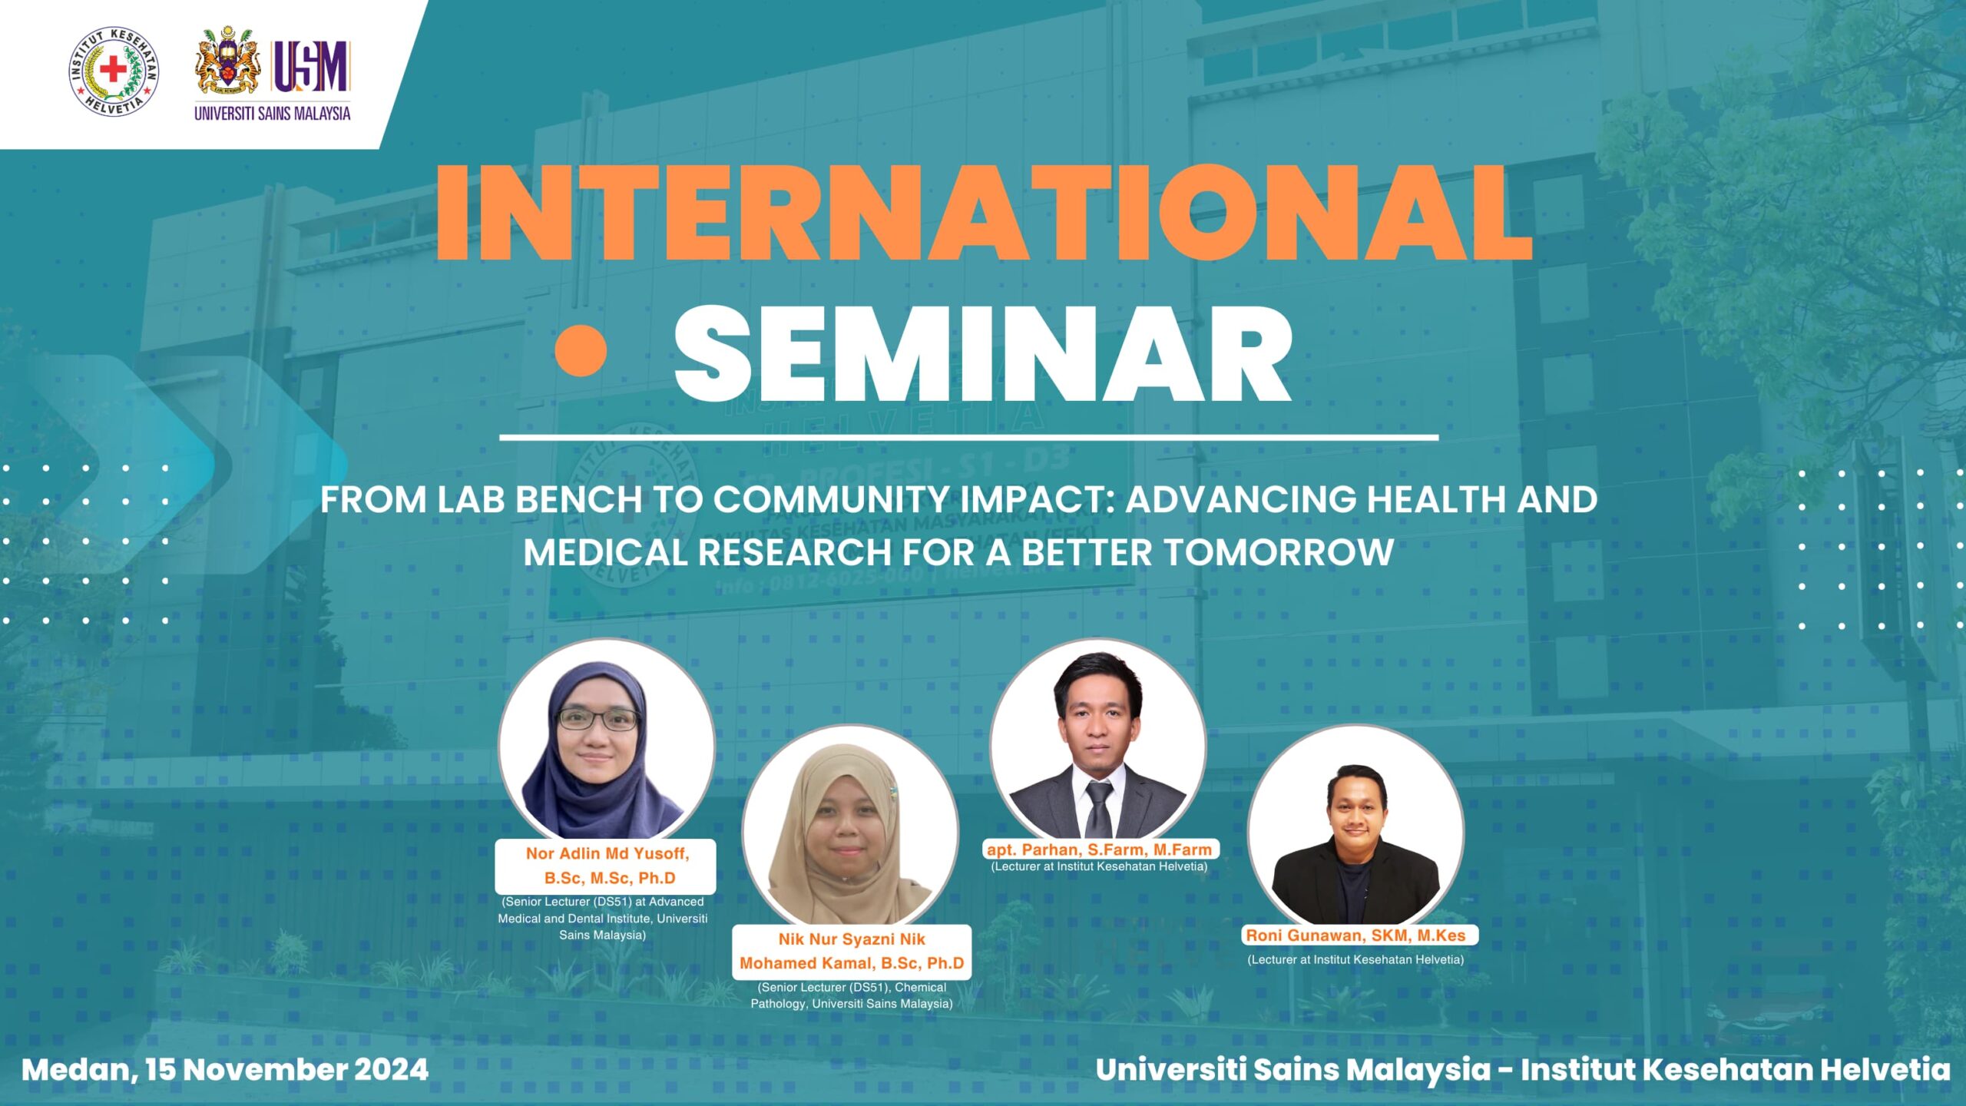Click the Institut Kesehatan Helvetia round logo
click(114, 71)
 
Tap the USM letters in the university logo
click(311, 67)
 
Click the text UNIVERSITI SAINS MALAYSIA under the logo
click(273, 114)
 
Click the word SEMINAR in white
click(984, 353)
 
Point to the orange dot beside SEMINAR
click(581, 350)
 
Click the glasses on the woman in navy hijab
click(597, 719)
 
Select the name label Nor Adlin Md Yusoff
click(607, 853)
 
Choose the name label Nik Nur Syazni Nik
click(852, 939)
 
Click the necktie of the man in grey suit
click(1099, 808)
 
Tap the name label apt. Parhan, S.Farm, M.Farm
click(1100, 849)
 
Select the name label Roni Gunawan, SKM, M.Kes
click(1355, 935)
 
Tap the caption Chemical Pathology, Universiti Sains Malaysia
click(851, 995)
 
